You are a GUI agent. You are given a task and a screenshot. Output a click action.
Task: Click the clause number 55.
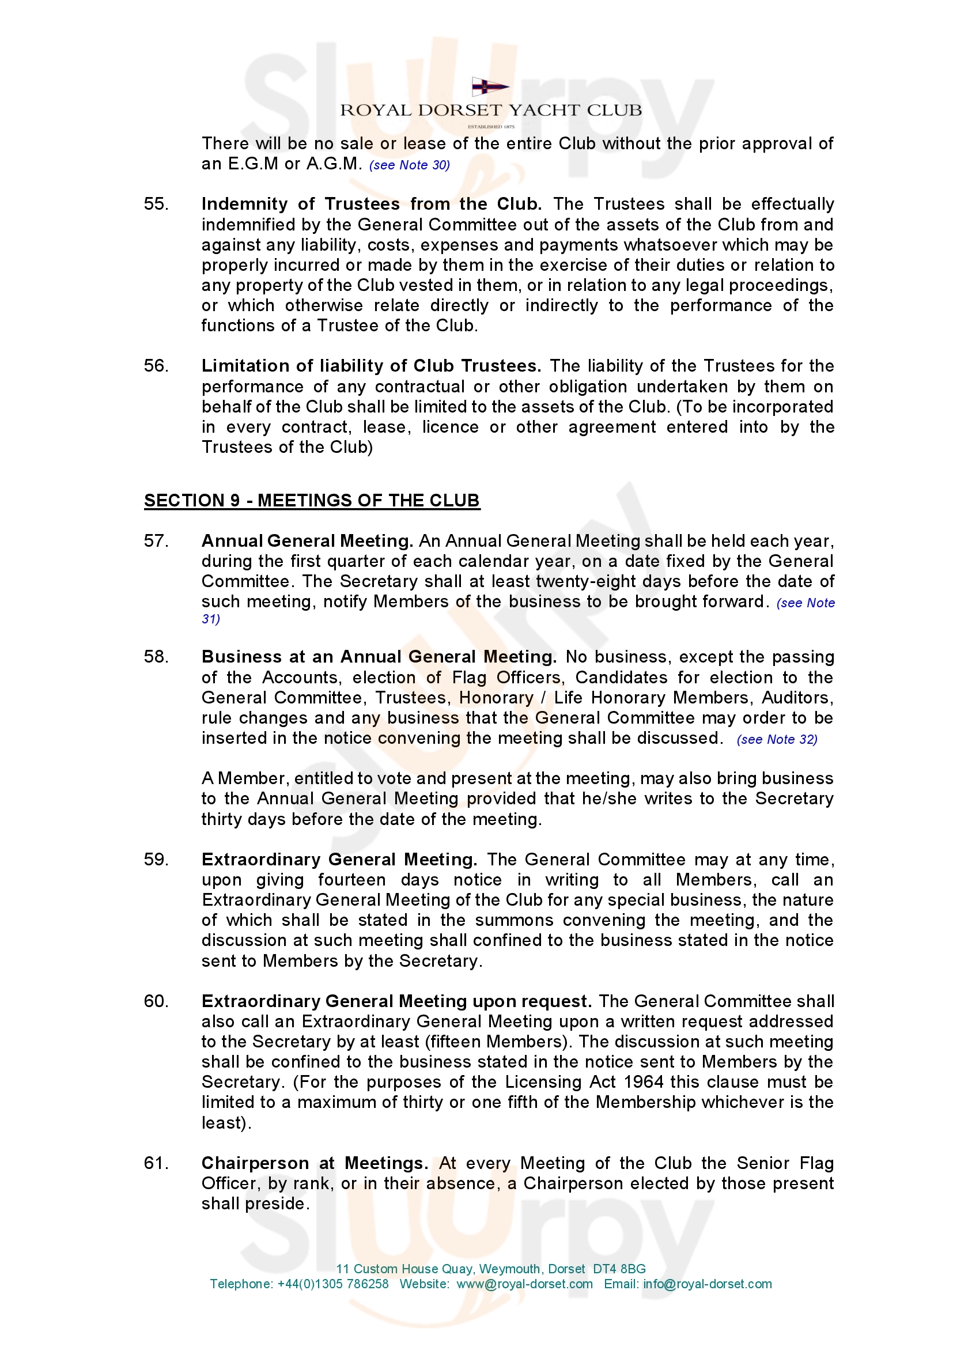pos(156,204)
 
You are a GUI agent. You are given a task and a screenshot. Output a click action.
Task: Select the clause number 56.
pos(156,366)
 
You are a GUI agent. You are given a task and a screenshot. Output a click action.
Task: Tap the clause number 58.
pos(156,657)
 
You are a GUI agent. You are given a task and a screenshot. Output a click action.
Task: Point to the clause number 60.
pos(156,1001)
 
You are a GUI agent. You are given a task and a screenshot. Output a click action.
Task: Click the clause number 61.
pos(156,1163)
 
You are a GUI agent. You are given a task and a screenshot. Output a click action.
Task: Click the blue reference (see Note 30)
pos(410,165)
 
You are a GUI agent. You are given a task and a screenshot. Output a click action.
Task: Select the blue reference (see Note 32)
pos(777,740)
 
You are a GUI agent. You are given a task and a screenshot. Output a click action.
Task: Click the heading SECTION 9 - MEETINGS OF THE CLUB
pos(312,501)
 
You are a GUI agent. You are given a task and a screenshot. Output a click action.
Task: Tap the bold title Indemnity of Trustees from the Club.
pos(371,204)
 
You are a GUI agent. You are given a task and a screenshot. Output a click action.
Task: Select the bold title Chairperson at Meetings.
pos(315,1163)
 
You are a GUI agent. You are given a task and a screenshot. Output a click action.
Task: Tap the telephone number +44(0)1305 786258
pos(332,1284)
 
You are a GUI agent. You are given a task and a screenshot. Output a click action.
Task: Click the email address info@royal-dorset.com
pos(707,1284)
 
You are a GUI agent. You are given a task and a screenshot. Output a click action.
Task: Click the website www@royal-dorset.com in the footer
pos(525,1284)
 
